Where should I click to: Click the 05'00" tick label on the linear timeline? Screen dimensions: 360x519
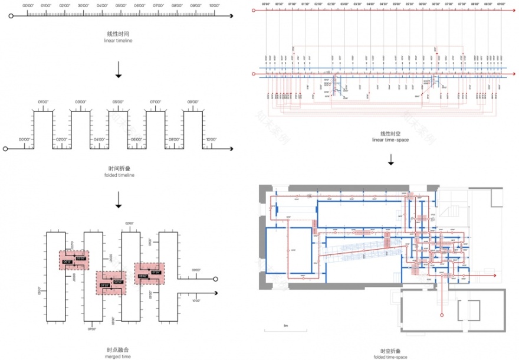pyautogui.click(x=121, y=5)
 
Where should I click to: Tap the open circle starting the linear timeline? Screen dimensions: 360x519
pyautogui.click(x=11, y=17)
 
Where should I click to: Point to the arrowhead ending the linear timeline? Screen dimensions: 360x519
pyautogui.click(x=227, y=17)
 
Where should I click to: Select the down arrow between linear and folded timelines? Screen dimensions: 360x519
pyautogui.click(x=119, y=70)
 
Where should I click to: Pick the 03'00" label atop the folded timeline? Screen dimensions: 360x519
pyautogui.click(x=80, y=102)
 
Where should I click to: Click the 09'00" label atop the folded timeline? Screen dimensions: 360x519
pyautogui.click(x=192, y=102)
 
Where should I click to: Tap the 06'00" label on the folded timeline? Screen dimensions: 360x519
pyautogui.click(x=136, y=140)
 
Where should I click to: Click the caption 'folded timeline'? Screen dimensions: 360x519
pyautogui.click(x=119, y=175)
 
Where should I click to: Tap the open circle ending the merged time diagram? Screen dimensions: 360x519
pyautogui.click(x=216, y=279)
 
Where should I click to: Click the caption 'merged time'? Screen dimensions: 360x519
pyautogui.click(x=119, y=356)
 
